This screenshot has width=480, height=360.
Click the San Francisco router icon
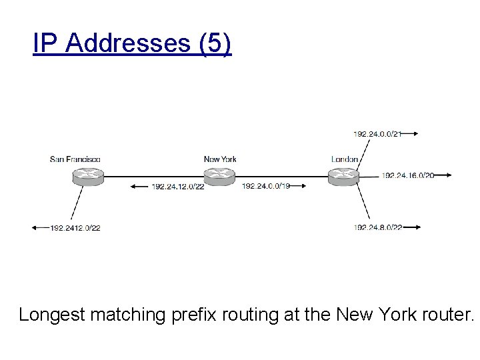coord(89,177)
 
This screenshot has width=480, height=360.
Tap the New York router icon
coord(219,177)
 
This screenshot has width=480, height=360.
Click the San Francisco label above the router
coord(75,159)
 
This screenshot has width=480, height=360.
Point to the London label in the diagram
coord(345,159)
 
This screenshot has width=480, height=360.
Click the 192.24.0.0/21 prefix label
coord(377,134)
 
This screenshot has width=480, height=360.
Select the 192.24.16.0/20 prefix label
coord(408,176)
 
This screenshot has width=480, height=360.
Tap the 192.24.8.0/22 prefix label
coord(378,228)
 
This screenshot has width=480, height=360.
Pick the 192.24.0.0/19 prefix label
coord(266,186)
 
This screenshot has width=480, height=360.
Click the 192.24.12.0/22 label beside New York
coord(177,186)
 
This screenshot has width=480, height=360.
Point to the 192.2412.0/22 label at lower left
coord(75,228)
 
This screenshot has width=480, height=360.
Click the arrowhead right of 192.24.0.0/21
coord(415,134)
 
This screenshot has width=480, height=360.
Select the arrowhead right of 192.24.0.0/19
coord(303,186)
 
